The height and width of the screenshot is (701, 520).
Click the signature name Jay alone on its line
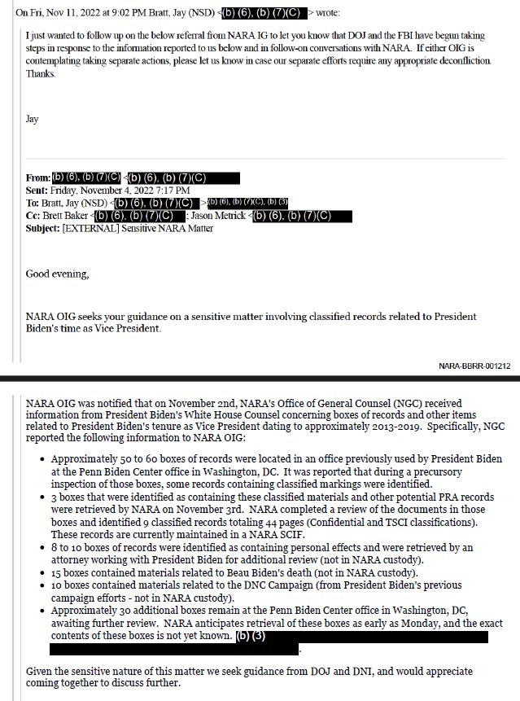33,118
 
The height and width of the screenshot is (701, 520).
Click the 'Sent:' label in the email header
38,190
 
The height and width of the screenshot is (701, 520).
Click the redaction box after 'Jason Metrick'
302,215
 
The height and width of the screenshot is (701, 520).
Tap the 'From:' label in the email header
38,177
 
